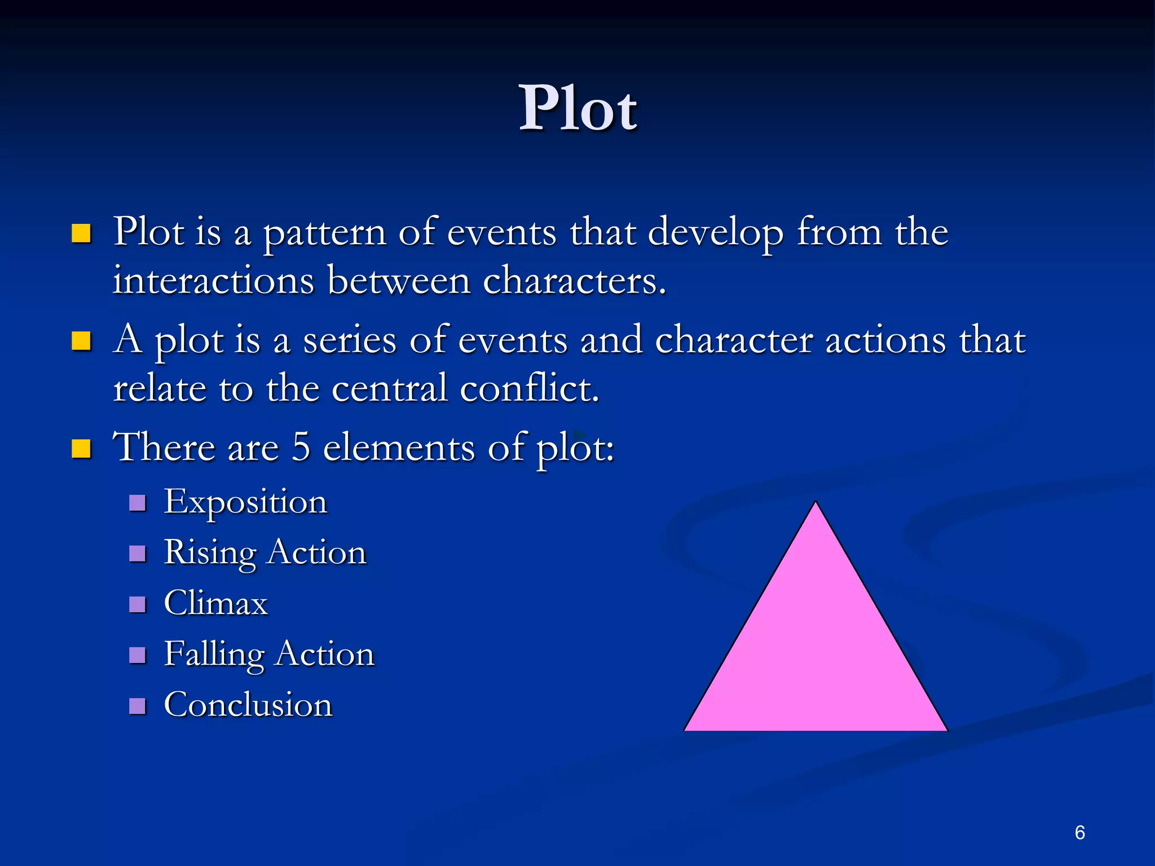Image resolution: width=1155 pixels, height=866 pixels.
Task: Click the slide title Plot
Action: point(577,108)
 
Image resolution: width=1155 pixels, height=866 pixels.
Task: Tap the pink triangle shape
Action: point(815,648)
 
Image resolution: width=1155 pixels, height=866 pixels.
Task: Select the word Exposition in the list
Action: point(245,502)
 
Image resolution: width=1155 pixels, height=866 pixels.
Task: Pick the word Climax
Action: point(215,603)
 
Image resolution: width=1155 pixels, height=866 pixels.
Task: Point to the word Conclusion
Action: point(248,705)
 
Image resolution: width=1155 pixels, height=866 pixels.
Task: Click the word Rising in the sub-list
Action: point(210,553)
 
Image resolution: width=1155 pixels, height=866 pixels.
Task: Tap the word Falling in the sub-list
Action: point(214,654)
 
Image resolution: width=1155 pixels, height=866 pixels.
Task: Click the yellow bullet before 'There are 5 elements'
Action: point(81,449)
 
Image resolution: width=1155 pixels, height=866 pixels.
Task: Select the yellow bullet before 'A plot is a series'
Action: point(81,341)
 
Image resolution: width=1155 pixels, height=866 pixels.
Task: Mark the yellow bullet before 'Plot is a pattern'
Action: point(81,233)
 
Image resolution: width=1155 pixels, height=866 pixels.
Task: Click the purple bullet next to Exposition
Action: point(138,502)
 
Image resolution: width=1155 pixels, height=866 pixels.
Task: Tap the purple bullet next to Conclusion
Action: point(138,706)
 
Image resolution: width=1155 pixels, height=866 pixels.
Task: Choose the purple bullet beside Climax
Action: point(138,604)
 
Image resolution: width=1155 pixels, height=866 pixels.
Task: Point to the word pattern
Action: point(325,233)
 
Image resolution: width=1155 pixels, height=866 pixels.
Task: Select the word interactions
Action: point(213,281)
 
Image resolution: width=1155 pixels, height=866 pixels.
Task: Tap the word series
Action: point(350,341)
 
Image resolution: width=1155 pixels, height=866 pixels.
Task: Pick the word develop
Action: point(715,233)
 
